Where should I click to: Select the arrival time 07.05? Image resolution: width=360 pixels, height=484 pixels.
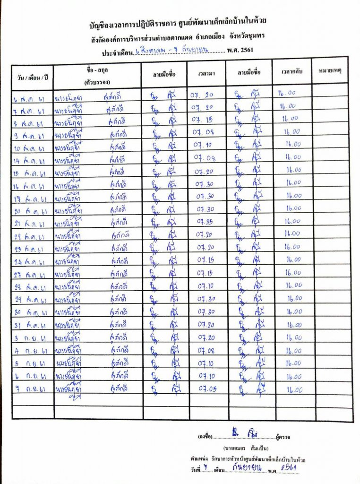tap(207, 389)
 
